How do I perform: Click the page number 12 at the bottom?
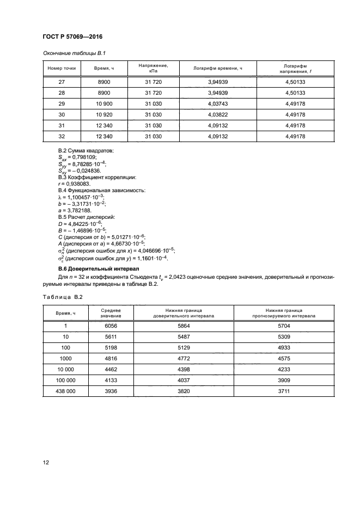46,462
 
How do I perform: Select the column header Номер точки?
62,68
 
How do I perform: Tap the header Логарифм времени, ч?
217,68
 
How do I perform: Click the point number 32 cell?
62,136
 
